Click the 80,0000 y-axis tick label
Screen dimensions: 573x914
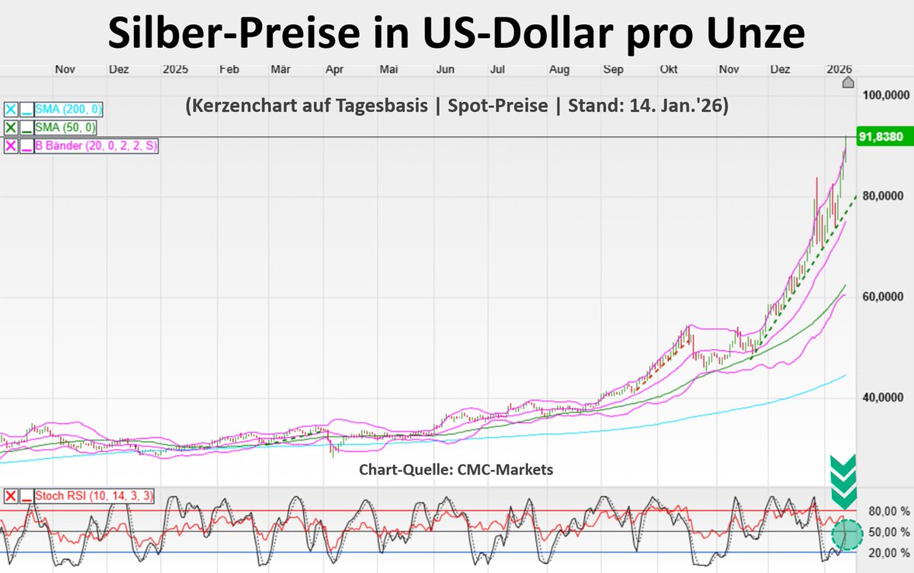click(884, 196)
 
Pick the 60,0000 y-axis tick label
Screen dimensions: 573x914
click(884, 297)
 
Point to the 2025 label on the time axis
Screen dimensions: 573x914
click(174, 69)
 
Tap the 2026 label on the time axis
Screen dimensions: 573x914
click(841, 69)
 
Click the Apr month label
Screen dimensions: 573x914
click(333, 69)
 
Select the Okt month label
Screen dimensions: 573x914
click(669, 69)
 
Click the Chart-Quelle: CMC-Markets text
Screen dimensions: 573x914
click(456, 470)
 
